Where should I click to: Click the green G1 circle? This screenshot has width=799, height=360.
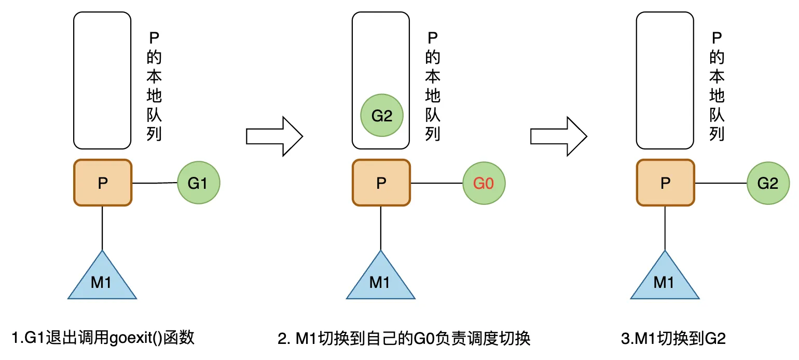(x=199, y=183)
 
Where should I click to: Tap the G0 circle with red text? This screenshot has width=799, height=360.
(x=484, y=183)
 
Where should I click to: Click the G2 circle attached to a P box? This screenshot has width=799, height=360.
(x=768, y=183)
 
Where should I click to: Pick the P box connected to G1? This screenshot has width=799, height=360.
(x=103, y=183)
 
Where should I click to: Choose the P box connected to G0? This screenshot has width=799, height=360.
(x=381, y=183)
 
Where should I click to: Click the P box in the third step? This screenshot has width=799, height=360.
(x=665, y=183)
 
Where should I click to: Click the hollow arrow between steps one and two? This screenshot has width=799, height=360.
(x=273, y=136)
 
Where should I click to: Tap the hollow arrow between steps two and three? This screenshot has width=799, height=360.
(x=558, y=136)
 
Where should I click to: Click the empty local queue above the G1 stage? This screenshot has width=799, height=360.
(x=102, y=80)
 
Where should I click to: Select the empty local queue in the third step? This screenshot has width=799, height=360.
(x=665, y=80)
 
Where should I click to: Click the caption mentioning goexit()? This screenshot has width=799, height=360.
(x=103, y=339)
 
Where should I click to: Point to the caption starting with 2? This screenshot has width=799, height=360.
(x=404, y=339)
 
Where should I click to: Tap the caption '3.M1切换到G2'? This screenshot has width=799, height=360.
(x=672, y=339)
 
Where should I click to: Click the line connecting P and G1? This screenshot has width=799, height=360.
(x=155, y=183)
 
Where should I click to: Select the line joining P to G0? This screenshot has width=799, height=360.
(x=436, y=183)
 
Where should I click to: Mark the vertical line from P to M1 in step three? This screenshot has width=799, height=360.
(x=665, y=228)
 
